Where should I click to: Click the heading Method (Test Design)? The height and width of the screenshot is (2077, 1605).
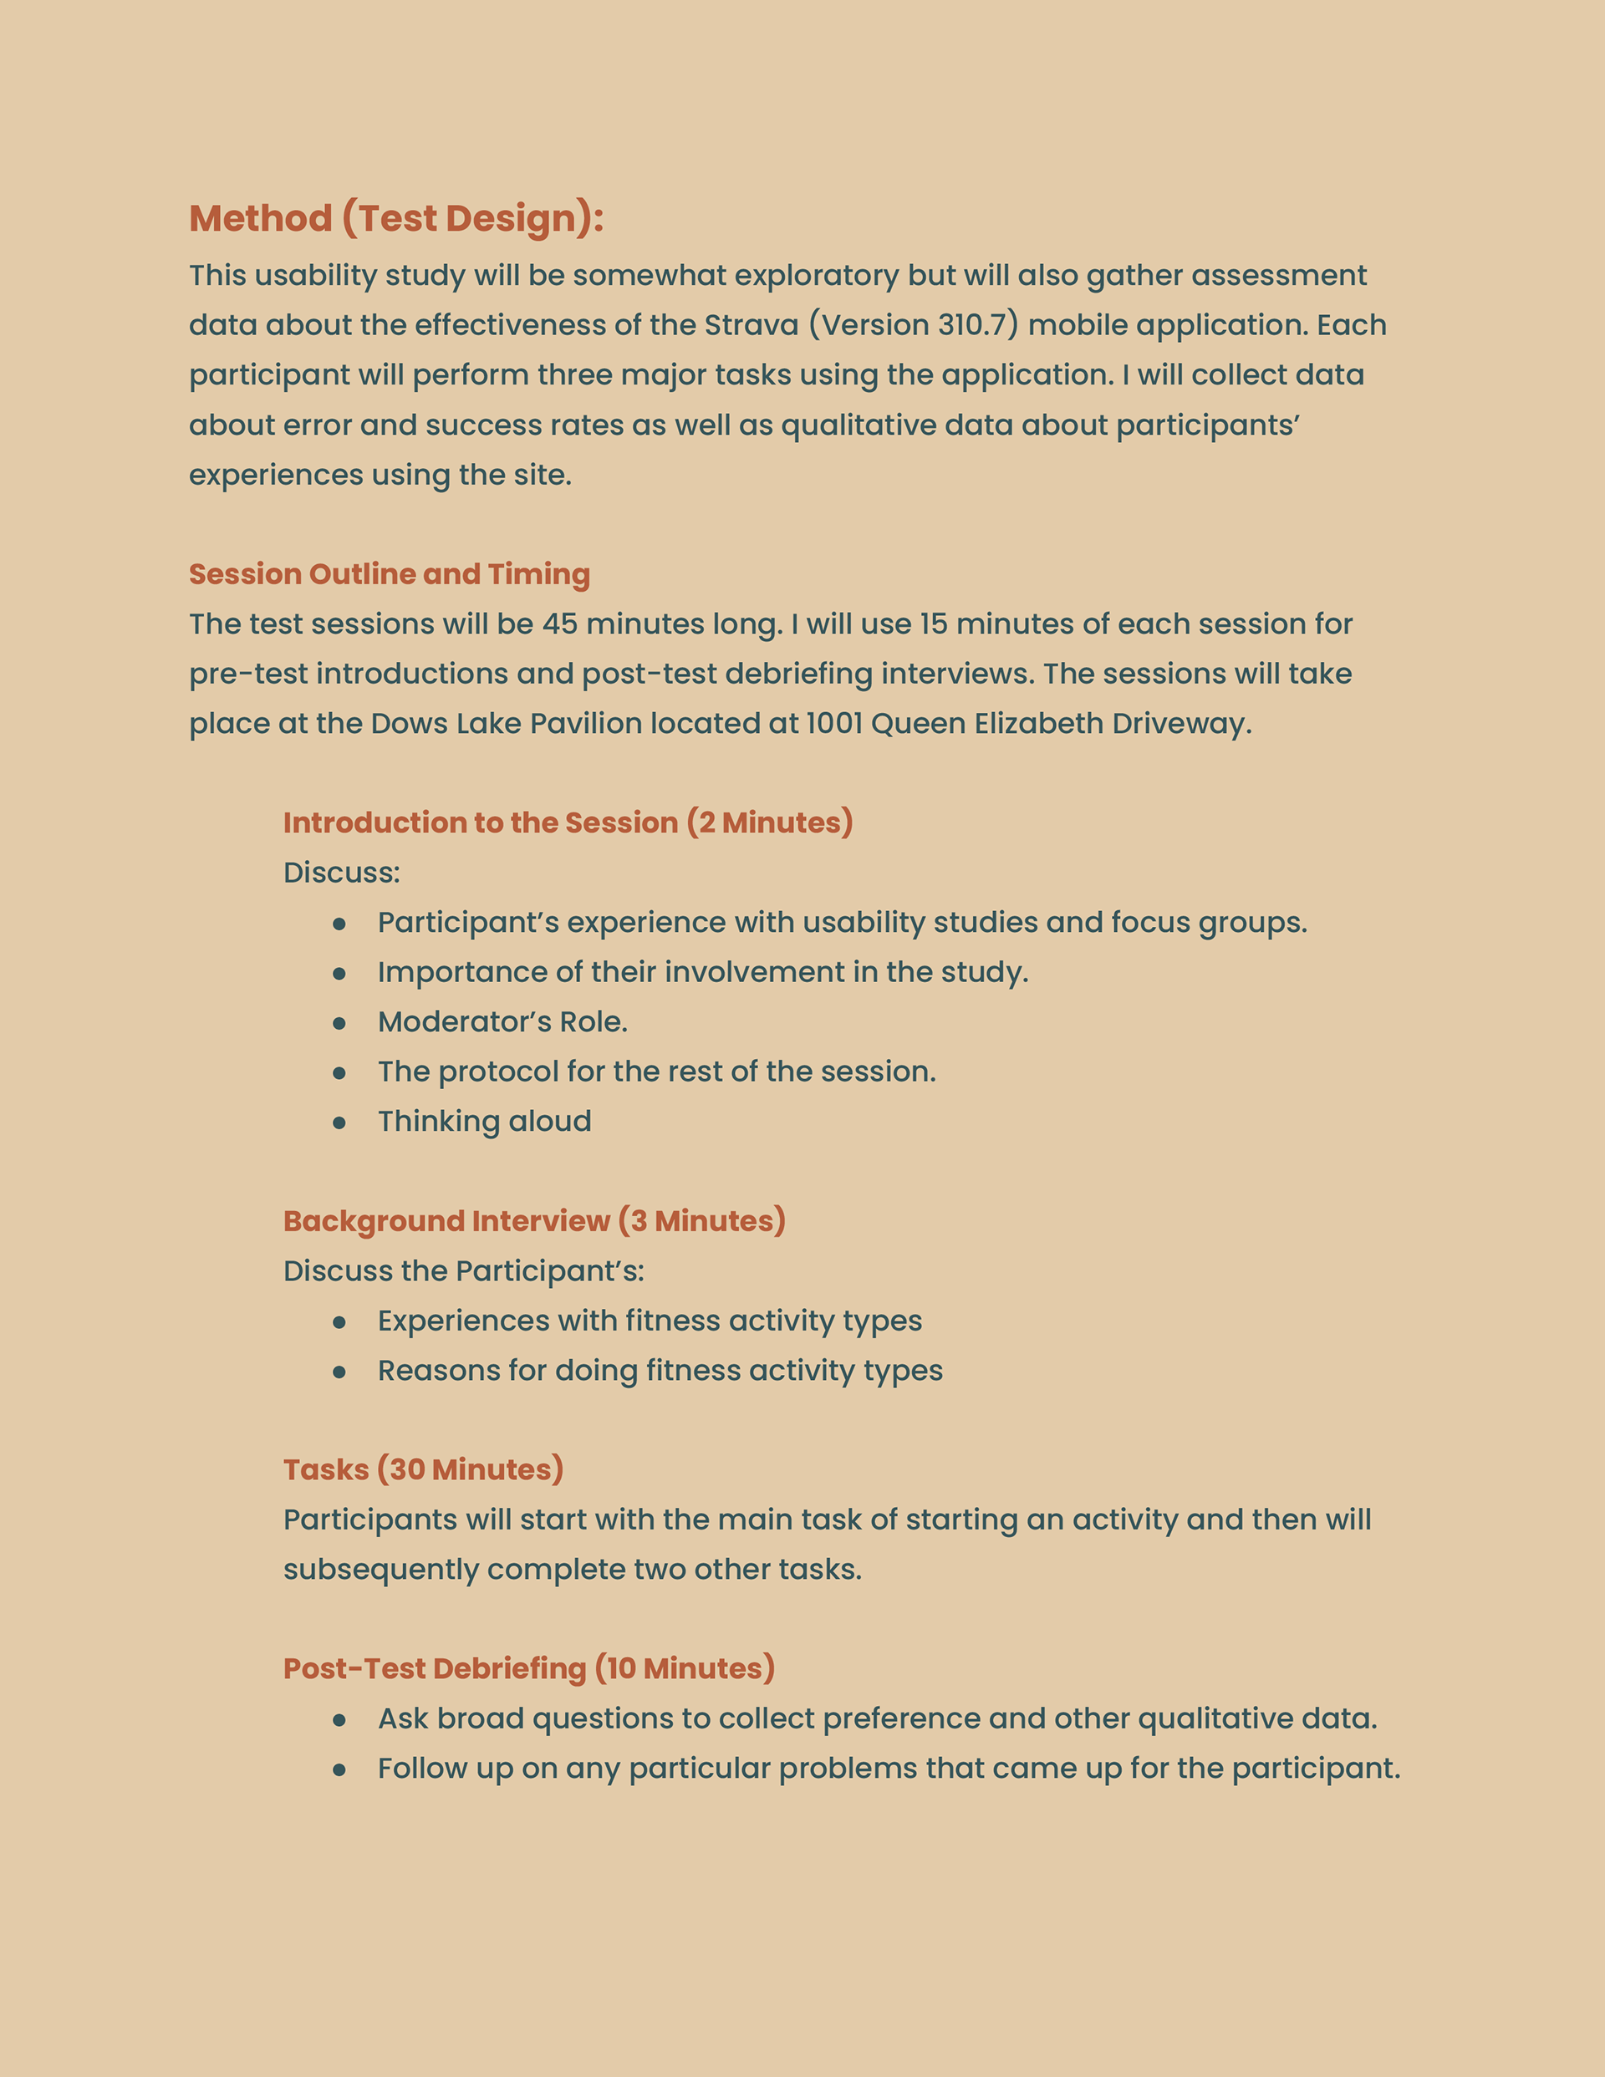(x=395, y=219)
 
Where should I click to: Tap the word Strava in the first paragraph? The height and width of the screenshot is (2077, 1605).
(x=751, y=325)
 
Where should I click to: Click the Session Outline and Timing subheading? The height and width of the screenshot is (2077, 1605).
(x=389, y=574)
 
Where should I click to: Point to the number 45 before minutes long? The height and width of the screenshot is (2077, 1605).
(x=559, y=624)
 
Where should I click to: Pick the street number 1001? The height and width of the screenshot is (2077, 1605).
(x=833, y=724)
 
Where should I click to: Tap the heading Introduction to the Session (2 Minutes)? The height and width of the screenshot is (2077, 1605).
(x=568, y=822)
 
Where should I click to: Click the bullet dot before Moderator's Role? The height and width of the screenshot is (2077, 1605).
(x=339, y=1023)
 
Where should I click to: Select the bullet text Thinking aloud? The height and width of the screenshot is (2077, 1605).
(x=484, y=1121)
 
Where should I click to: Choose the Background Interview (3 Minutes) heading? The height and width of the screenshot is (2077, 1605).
(x=533, y=1221)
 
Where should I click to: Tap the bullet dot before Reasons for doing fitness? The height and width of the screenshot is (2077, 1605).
(x=339, y=1372)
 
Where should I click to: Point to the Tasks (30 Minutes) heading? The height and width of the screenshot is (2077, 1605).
(x=423, y=1469)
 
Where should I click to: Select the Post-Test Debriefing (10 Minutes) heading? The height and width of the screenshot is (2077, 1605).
(x=529, y=1668)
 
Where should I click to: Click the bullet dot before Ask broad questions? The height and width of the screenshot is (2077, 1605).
(x=339, y=1720)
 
